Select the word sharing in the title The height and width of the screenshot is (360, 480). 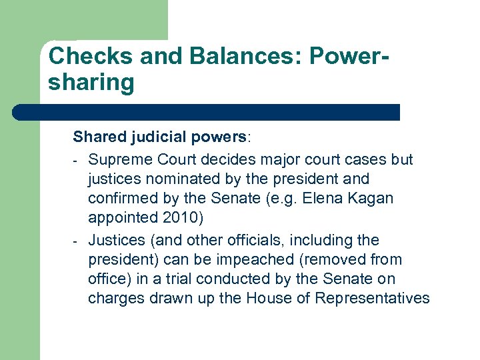(x=91, y=83)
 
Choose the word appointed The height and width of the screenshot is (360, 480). (x=121, y=218)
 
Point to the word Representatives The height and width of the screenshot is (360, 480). (x=371, y=298)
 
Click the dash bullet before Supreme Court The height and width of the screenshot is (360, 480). (x=77, y=161)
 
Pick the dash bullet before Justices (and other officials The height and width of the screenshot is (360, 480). (x=77, y=241)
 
